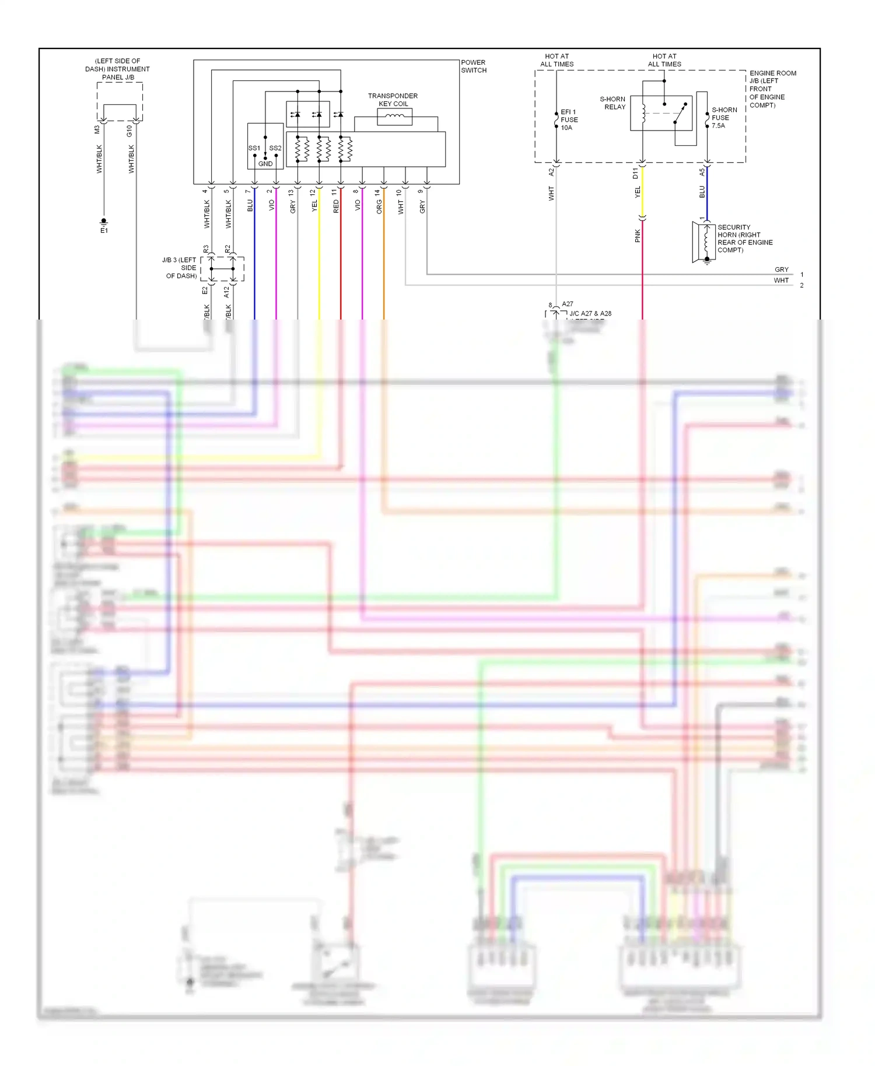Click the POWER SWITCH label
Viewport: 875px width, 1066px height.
coord(473,66)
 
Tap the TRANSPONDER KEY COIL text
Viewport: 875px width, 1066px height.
coord(393,100)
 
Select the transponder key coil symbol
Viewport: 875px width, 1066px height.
coord(395,117)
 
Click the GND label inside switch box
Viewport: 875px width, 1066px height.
coord(265,164)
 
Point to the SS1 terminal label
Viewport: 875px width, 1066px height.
coord(254,148)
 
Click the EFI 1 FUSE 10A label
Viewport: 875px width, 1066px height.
coord(569,120)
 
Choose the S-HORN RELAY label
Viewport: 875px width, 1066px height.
coord(612,103)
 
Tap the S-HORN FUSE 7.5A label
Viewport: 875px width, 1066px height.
coord(724,117)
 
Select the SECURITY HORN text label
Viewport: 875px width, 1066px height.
coord(745,239)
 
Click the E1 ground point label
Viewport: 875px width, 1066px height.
coord(104,231)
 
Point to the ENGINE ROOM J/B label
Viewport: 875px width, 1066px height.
coord(772,89)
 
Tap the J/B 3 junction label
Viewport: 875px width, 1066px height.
coord(181,268)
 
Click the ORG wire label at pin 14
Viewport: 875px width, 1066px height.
coord(379,206)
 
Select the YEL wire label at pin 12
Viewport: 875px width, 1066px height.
coord(314,206)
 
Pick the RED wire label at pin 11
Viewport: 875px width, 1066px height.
coord(336,206)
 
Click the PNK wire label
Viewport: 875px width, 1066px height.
coord(638,236)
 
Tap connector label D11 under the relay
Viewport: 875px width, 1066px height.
coord(635,173)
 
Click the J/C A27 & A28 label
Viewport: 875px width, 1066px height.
coord(590,314)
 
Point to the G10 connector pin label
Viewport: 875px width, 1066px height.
coord(129,131)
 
